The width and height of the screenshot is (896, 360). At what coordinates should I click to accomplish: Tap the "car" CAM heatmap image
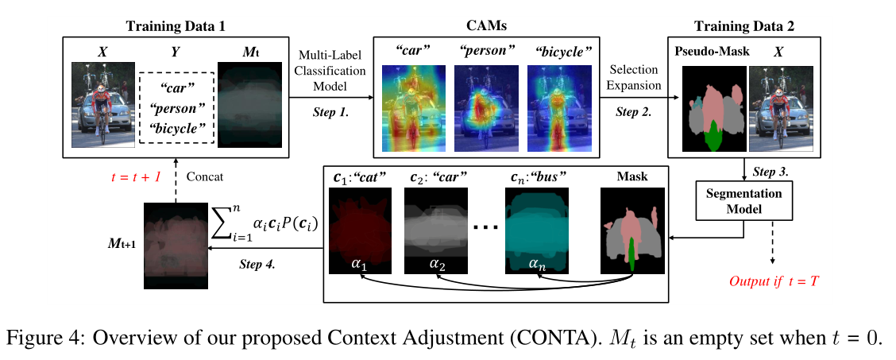coord(411,109)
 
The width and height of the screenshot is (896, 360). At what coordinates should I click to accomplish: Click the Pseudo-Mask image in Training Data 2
coord(712,109)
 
